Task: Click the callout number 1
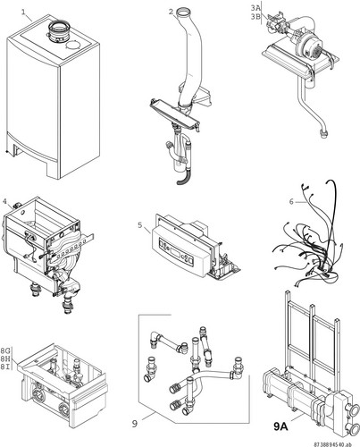23,13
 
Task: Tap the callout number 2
171,12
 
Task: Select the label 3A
255,9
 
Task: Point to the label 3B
255,17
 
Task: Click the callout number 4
4,201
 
